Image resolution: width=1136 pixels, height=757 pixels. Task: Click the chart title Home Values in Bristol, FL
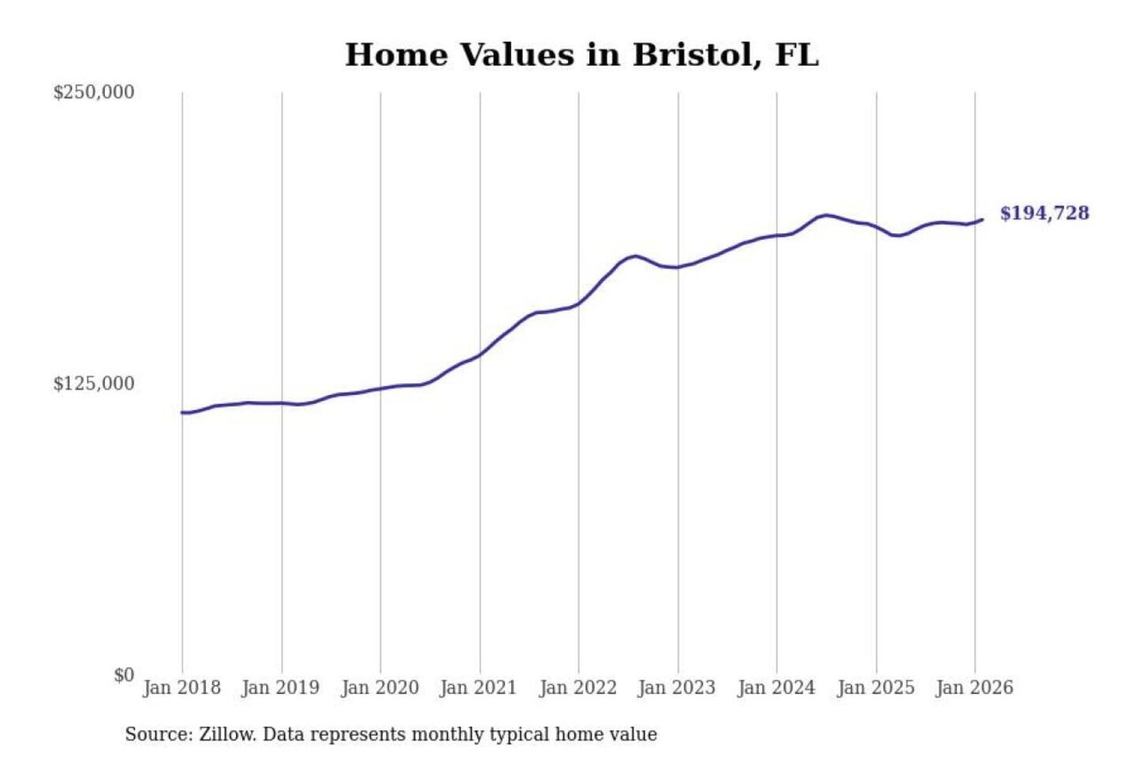pos(581,55)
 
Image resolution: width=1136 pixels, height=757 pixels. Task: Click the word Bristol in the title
pos(692,55)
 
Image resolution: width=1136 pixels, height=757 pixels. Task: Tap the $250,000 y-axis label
pos(94,92)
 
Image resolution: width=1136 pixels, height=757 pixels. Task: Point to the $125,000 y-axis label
pos(94,384)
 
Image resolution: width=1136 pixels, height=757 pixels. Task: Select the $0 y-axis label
pos(124,675)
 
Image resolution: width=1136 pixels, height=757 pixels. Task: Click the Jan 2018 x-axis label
pos(181,688)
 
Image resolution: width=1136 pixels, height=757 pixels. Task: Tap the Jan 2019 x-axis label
pos(281,688)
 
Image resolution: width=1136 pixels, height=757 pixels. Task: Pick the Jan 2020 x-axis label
pos(379,688)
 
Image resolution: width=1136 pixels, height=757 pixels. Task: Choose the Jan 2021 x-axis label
pos(478,688)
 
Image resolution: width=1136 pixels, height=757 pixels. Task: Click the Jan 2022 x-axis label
pos(577,688)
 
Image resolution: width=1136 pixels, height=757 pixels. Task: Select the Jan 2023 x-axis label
pos(677,688)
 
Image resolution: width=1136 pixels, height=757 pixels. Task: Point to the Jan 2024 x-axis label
pos(776,688)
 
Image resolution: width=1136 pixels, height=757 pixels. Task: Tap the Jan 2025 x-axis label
pos(876,688)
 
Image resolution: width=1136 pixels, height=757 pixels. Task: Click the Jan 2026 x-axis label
pos(974,688)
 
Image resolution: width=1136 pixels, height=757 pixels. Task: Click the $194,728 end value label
pos(1044,213)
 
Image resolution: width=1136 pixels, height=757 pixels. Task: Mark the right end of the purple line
pos(982,220)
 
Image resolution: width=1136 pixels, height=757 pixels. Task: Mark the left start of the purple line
pos(182,412)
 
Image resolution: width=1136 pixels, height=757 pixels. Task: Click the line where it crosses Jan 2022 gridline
pos(578,304)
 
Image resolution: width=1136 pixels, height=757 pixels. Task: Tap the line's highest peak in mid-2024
pos(825,214)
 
